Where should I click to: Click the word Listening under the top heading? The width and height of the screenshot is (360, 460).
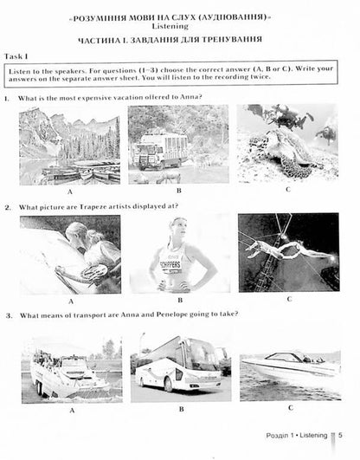point(170,26)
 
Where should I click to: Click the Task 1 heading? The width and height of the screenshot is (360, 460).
point(16,56)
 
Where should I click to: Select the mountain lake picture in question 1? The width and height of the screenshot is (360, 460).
point(69,146)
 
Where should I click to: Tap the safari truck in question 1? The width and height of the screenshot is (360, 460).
point(161,152)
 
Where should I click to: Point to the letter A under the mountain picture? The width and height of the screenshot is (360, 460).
point(70,191)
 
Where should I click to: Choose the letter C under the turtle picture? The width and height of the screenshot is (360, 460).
point(288,190)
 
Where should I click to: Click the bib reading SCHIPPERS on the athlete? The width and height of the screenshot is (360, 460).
point(170,264)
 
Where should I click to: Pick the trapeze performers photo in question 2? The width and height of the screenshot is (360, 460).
point(289,253)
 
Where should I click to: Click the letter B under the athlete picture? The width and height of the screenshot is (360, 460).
point(180,300)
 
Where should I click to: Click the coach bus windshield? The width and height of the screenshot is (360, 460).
point(203,355)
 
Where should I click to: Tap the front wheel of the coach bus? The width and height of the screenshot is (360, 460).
point(168,385)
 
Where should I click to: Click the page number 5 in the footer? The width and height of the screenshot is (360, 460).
point(340,435)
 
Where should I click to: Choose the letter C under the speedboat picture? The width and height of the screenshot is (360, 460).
point(291,408)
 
